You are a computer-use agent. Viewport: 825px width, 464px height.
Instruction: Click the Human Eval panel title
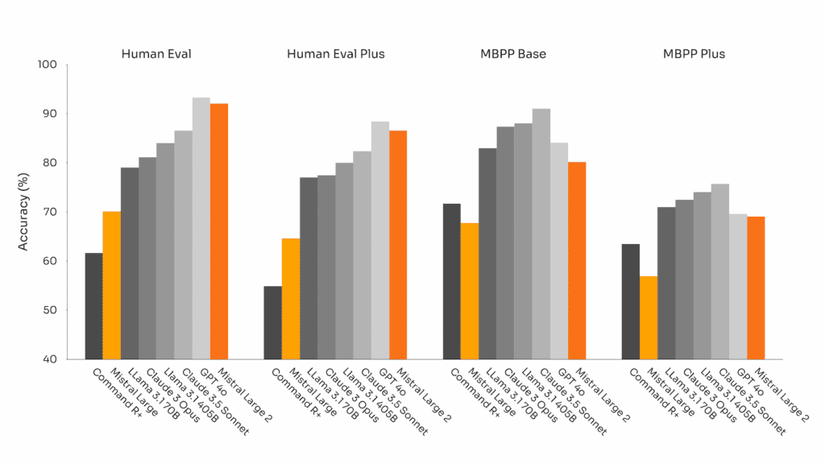[x=156, y=54]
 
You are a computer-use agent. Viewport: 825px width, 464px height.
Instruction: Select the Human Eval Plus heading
[x=335, y=54]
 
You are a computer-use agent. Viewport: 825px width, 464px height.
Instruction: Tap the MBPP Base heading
[x=514, y=54]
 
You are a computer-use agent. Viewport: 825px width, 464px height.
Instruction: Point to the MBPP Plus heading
[x=693, y=54]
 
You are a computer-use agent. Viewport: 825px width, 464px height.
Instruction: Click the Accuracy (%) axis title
[x=23, y=211]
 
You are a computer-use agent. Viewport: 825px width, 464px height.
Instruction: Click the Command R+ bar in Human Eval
[x=93, y=306]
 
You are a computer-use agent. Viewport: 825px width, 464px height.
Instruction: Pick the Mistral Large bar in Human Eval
[x=111, y=285]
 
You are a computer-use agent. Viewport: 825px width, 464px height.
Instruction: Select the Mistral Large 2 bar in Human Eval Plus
[x=397, y=245]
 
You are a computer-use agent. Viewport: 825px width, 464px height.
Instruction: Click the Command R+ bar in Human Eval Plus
[x=272, y=322]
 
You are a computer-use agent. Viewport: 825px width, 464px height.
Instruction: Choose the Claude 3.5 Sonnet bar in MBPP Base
[x=541, y=234]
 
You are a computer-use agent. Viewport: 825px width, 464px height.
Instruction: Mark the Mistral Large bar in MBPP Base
[x=469, y=291]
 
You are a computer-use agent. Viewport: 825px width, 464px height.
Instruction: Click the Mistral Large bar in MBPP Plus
[x=648, y=317]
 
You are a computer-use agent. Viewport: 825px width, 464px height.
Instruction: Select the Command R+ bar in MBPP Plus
[x=630, y=301]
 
